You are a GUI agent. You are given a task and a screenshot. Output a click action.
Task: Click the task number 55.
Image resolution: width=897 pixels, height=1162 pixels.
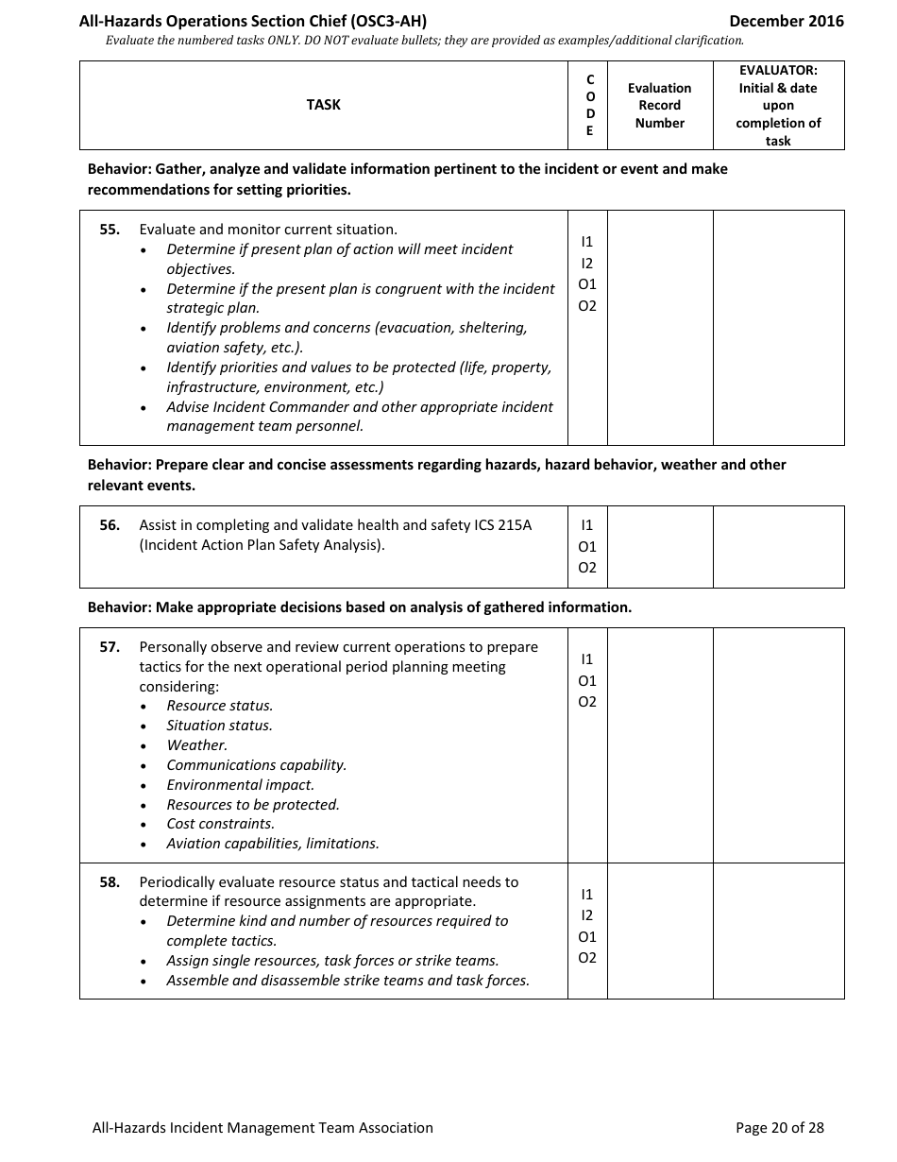tap(110, 230)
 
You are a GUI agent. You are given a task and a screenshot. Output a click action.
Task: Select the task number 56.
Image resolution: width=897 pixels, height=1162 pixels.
tap(110, 525)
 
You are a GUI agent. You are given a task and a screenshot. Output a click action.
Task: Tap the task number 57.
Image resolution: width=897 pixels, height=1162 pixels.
tap(110, 647)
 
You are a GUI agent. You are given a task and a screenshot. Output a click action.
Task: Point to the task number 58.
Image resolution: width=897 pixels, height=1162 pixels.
tap(110, 882)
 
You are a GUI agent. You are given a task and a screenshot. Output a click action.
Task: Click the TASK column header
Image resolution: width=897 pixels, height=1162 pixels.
tap(323, 105)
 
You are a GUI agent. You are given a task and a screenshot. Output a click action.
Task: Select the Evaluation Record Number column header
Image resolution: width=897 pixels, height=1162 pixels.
tap(659, 105)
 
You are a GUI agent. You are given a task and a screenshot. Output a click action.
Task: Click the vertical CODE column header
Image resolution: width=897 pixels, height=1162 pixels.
tap(590, 105)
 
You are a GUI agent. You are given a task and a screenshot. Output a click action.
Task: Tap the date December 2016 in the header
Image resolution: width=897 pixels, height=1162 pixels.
tap(787, 21)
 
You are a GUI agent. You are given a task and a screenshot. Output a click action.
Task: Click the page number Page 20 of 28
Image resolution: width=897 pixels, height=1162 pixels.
tap(779, 1127)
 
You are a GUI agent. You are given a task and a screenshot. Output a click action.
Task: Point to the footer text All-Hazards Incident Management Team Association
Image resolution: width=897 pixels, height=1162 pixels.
tap(262, 1127)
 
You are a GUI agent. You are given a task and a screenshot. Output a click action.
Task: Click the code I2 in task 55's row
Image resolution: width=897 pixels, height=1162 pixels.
tap(587, 264)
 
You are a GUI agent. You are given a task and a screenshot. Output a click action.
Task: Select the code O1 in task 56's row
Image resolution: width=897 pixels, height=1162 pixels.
tap(587, 546)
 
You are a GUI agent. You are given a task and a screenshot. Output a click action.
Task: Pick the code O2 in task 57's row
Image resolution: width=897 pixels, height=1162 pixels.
tap(587, 702)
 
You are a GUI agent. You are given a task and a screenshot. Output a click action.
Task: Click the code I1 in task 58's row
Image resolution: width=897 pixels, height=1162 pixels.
tap(587, 894)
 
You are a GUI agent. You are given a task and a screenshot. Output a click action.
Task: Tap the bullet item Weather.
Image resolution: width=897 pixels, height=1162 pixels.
tap(196, 745)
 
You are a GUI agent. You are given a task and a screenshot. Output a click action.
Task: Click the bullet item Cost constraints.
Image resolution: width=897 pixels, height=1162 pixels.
tap(220, 824)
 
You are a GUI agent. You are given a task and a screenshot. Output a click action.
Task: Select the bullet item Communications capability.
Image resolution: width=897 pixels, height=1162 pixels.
tap(256, 765)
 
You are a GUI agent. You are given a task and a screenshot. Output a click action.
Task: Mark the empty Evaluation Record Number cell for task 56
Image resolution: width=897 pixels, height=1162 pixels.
tap(659, 546)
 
